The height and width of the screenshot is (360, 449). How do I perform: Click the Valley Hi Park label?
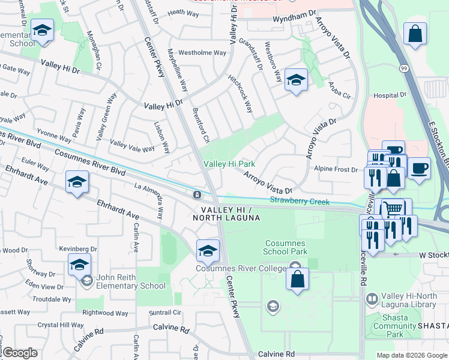pos(229,164)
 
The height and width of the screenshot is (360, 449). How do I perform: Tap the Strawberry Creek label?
pos(300,201)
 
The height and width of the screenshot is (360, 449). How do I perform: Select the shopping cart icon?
pos(393,208)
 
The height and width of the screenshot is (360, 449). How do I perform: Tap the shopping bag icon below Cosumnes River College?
pos(297,279)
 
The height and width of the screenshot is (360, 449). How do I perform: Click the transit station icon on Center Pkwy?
pos(197,195)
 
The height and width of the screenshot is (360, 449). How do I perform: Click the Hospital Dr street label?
pos(390,95)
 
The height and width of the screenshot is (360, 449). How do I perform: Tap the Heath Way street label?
pos(184,12)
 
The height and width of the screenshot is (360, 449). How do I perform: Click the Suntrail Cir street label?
pos(165,313)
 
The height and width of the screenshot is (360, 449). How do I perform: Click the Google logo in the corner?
pos(20,353)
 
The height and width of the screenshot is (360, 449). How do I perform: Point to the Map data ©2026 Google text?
pos(411,355)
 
